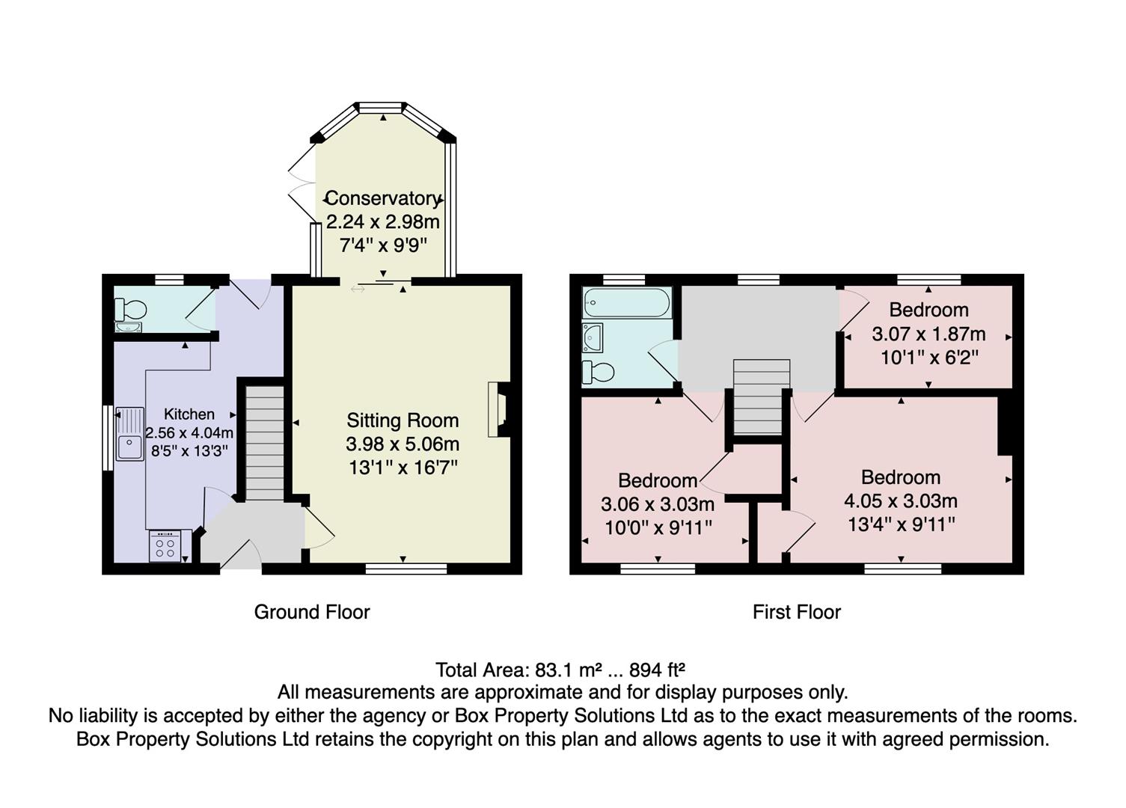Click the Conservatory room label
coord(382,198)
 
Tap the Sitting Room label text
coord(403,420)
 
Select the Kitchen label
coord(189,414)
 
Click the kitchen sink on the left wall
coord(129,435)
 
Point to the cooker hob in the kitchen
coord(165,546)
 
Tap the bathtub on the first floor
coord(627,302)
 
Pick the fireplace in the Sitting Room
coord(498,409)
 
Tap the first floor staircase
coord(761,397)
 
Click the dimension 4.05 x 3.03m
coord(901,501)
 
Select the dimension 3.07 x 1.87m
coord(928,334)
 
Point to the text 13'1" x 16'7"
coord(403,468)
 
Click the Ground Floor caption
coord(312,612)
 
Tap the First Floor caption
coord(796,612)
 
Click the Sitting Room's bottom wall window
coord(406,569)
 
